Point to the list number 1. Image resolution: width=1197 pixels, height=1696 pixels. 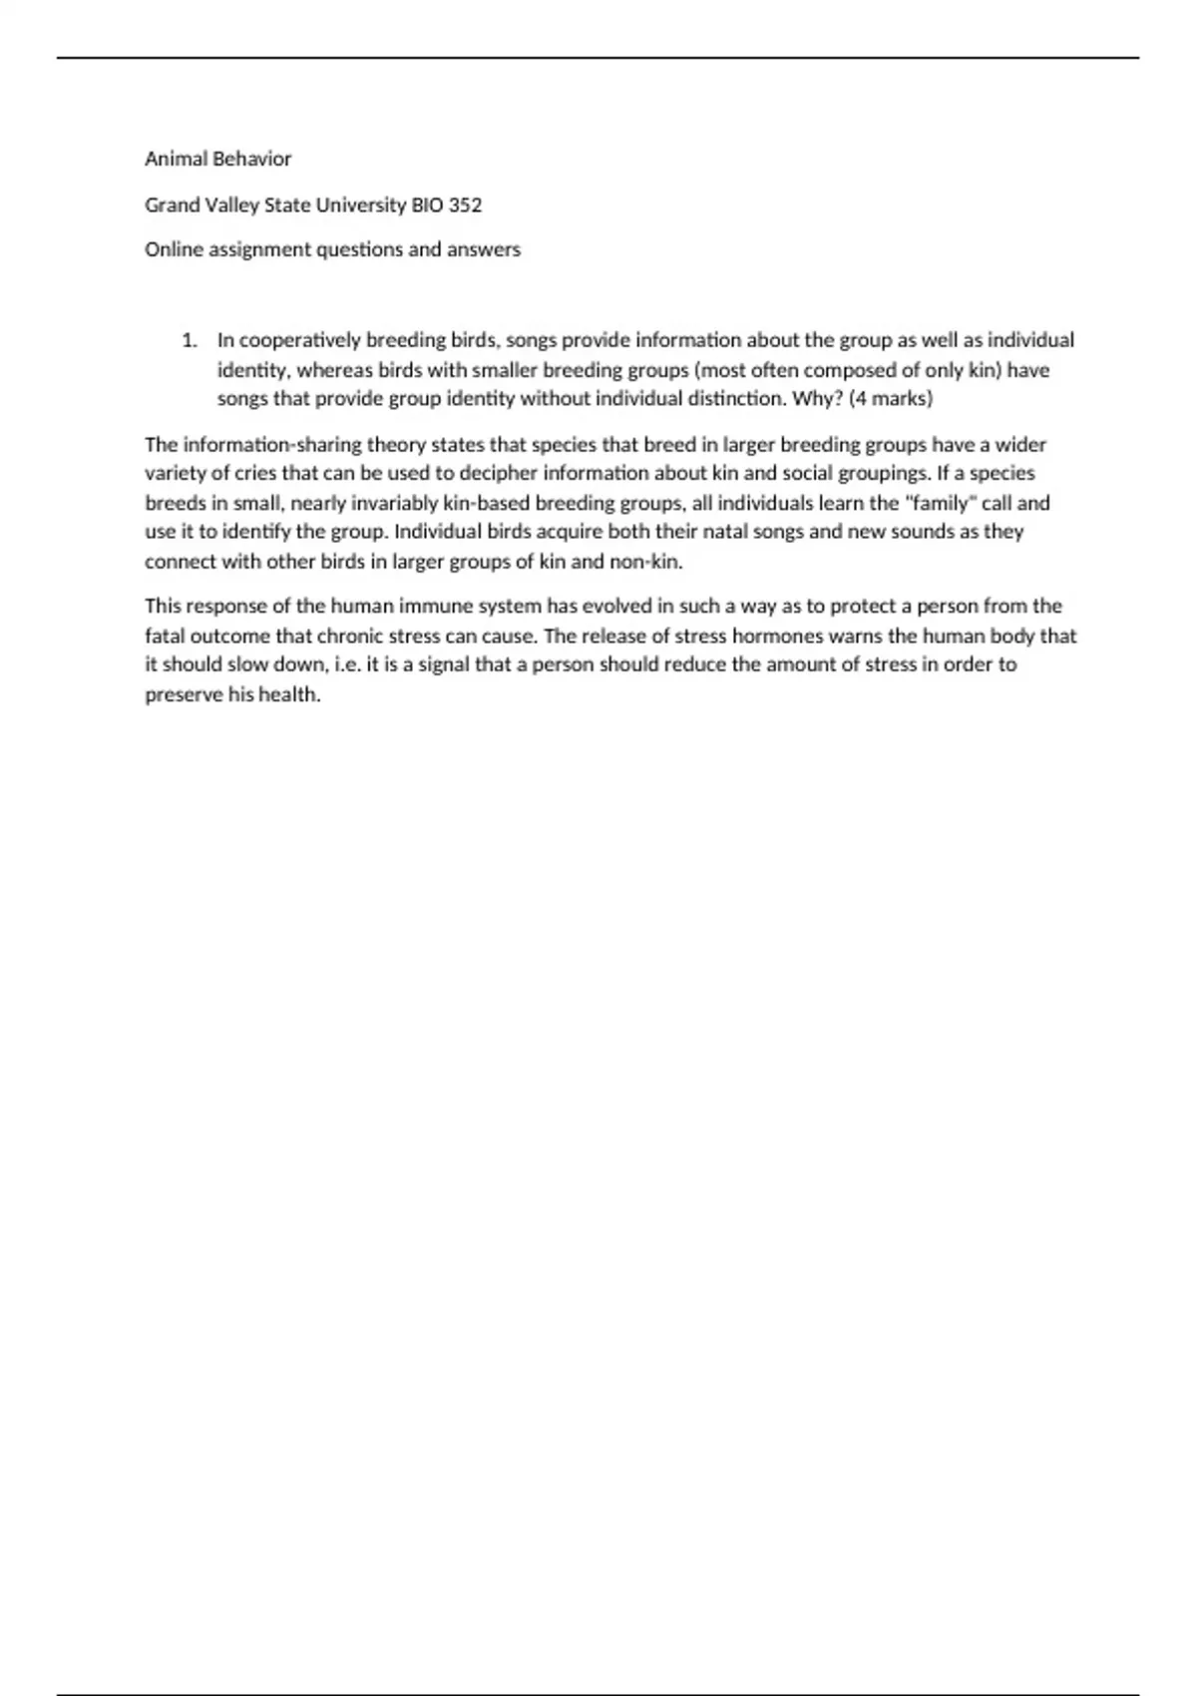189,340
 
